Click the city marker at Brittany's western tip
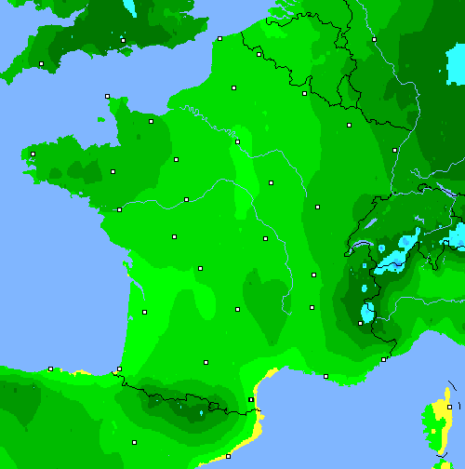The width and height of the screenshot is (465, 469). pos(33,154)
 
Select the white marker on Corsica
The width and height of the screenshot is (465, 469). pos(449,407)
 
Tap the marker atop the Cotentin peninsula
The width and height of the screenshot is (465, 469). pos(107,96)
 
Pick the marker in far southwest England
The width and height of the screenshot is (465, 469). pos(41,63)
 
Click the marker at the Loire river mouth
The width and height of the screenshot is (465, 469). pos(119,209)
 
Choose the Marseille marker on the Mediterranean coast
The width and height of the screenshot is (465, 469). pos(325,376)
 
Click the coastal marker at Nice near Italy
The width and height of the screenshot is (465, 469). pos(384,359)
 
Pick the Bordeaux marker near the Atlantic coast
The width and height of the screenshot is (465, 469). pos(144,312)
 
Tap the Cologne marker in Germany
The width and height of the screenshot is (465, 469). pos(374,39)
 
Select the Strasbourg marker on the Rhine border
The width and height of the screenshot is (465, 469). pos(394,150)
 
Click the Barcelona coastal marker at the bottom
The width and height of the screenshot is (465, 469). pos(228,456)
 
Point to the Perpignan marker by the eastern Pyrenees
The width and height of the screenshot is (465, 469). pos(251,399)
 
